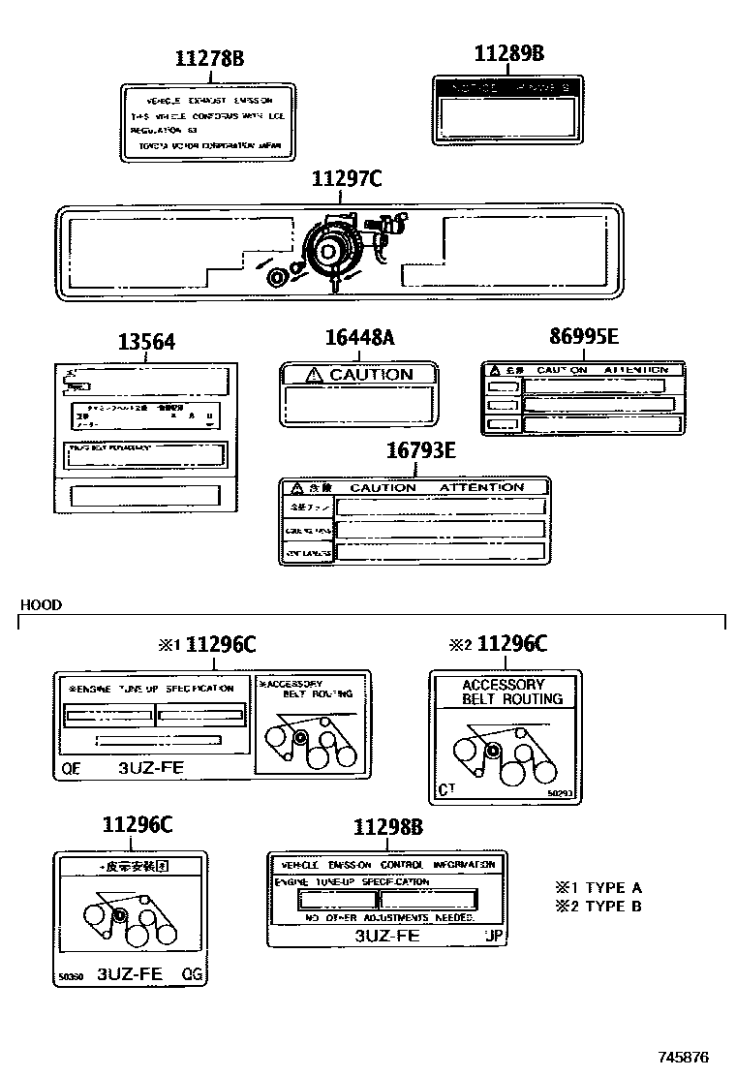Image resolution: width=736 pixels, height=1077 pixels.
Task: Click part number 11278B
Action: (209, 59)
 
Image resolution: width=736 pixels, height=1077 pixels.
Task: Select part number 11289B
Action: (508, 53)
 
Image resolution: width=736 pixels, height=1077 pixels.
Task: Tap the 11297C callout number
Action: (347, 179)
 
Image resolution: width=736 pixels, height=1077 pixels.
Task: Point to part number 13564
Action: (147, 343)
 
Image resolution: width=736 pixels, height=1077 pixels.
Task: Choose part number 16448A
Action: (359, 338)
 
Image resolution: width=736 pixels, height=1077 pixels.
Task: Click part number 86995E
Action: (583, 337)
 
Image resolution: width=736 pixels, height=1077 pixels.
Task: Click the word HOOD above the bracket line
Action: (41, 605)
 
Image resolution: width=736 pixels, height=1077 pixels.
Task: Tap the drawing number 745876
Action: (685, 1057)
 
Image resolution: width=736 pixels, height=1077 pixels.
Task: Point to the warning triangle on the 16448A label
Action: (312, 375)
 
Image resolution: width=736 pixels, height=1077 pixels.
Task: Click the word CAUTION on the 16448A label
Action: (371, 375)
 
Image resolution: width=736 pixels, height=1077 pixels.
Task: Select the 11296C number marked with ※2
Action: (512, 644)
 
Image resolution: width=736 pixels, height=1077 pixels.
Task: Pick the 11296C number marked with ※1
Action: (221, 644)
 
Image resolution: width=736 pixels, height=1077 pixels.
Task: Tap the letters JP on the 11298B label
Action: (494, 937)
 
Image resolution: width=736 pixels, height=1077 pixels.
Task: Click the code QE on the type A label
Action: (72, 770)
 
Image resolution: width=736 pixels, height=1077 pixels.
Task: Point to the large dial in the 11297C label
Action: (330, 250)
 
